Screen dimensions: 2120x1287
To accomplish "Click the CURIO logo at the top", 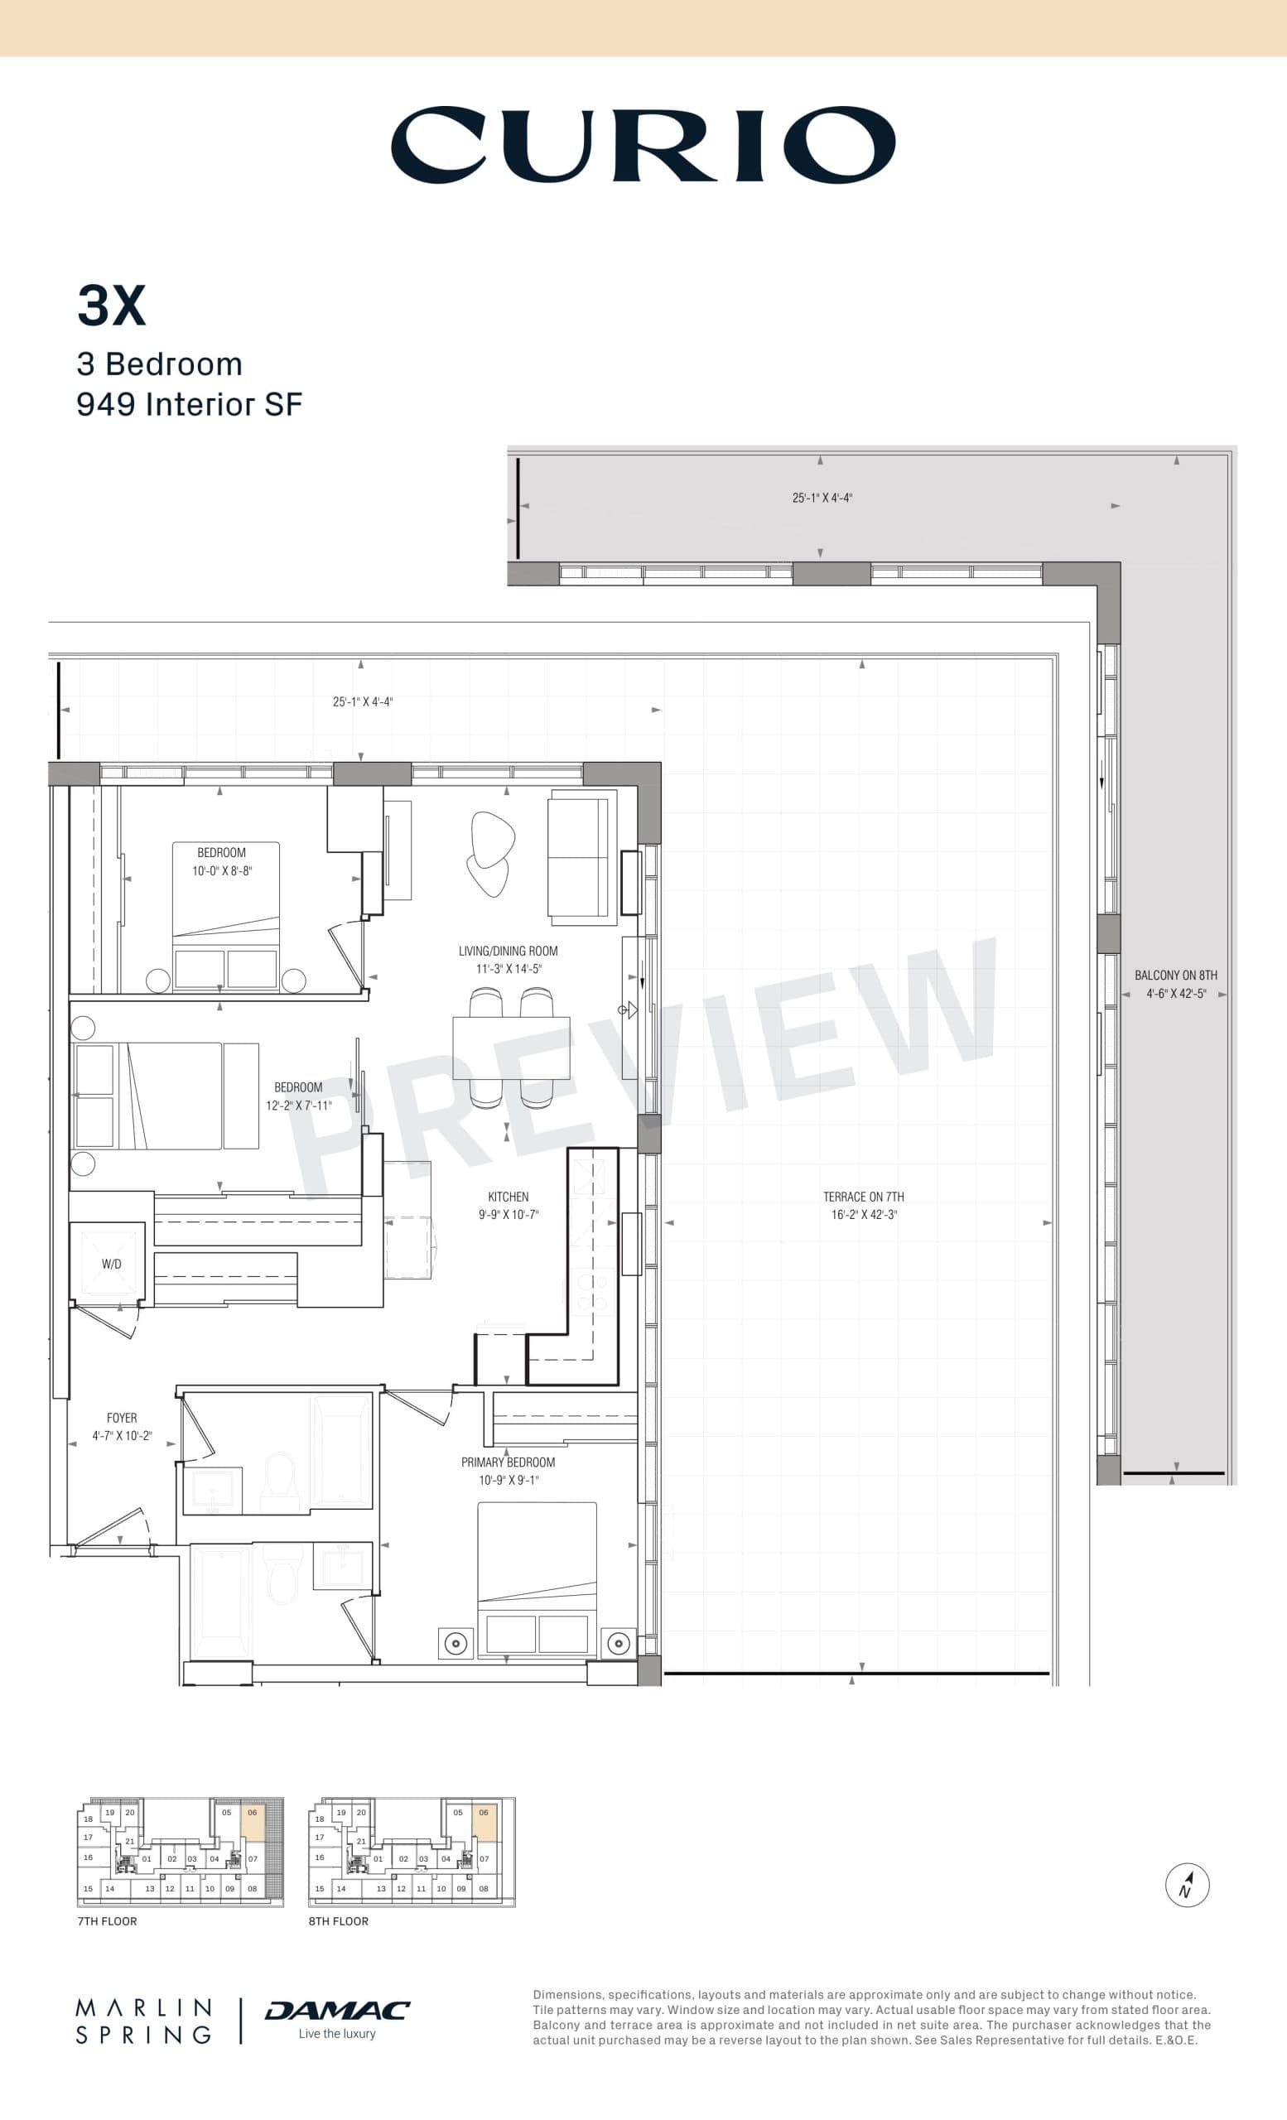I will (643, 145).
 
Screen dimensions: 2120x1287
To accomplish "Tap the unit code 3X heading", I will (111, 306).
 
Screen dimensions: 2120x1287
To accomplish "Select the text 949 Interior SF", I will (190, 404).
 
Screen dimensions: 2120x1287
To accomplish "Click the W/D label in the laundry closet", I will (111, 1264).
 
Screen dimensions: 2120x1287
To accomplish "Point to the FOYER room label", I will (121, 1417).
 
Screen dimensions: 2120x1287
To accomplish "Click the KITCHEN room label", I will (508, 1197).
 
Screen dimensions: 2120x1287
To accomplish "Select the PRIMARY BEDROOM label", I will (508, 1462).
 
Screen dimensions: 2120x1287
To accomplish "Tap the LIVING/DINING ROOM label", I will (508, 951).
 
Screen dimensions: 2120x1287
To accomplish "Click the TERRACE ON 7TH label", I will (863, 1197).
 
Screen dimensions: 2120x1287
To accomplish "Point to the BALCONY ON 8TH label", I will (1175, 975).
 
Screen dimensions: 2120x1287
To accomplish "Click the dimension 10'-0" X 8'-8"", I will (222, 870).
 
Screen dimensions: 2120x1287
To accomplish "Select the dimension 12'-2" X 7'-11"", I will (297, 1106).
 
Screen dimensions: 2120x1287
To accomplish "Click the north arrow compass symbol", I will (1188, 1885).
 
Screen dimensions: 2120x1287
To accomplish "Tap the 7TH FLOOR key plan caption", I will (107, 1921).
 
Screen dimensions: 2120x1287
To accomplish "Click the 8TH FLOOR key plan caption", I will (338, 1921).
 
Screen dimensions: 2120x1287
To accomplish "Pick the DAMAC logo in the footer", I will (337, 2011).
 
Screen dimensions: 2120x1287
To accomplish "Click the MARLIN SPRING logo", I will (143, 2021).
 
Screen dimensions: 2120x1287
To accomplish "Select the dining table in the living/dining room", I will (511, 1047).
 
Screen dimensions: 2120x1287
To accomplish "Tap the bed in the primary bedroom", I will (537, 1578).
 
